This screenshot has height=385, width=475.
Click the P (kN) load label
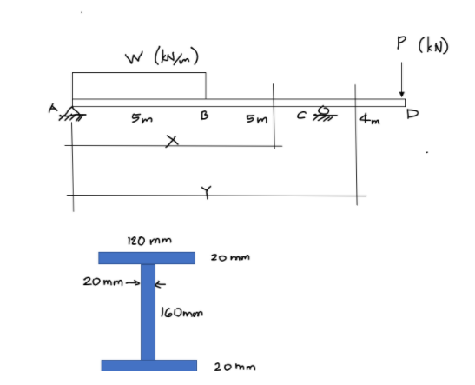(x=423, y=45)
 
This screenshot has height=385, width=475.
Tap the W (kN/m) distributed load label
(x=162, y=56)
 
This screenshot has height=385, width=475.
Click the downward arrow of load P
(x=402, y=79)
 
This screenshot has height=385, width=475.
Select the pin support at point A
(x=72, y=113)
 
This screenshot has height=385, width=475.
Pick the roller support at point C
(x=324, y=112)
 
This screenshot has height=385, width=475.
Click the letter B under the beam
(x=205, y=116)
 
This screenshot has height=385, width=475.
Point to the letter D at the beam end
(x=412, y=114)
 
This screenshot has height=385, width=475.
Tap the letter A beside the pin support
(x=53, y=109)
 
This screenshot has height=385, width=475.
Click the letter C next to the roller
(x=301, y=116)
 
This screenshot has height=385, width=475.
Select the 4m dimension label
(x=369, y=119)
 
